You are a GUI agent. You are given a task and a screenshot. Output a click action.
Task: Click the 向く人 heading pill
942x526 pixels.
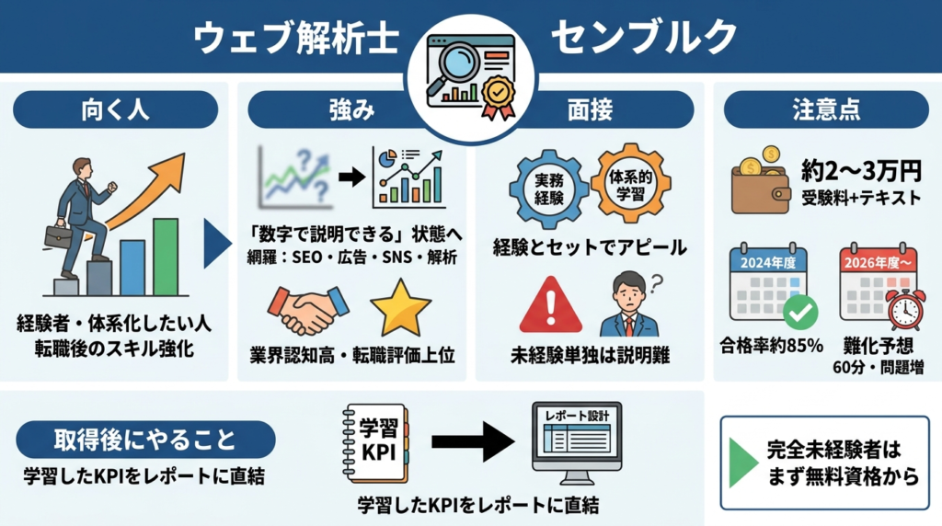115,109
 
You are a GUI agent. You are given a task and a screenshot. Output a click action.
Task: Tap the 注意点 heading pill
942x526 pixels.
826,109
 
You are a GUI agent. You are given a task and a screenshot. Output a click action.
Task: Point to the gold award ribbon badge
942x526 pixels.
499,96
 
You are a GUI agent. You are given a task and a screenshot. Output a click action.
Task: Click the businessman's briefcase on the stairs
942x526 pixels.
58,235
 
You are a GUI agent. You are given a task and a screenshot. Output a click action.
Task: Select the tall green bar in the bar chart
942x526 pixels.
166,257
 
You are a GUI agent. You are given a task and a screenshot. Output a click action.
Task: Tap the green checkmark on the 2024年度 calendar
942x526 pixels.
800,313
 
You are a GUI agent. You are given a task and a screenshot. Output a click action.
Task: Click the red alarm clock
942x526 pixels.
905,309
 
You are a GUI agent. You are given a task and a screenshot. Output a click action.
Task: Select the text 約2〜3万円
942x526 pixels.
862,170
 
